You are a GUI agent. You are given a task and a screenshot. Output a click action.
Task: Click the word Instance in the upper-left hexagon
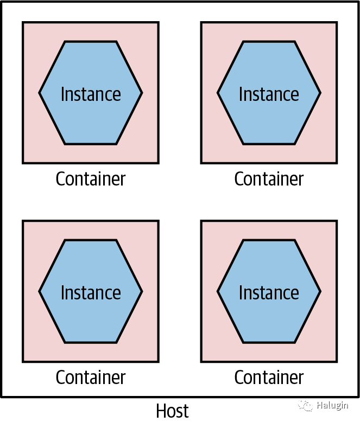91,94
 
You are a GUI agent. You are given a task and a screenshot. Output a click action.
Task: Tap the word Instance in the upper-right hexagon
269,94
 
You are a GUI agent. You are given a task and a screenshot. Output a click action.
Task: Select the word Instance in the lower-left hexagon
91,292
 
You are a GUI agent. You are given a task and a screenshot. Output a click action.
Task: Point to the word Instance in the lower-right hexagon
269,292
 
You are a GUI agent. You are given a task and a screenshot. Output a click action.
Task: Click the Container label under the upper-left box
91,179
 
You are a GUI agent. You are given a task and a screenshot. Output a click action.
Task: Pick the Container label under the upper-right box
269,179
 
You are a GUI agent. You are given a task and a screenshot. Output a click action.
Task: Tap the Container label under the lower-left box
91,378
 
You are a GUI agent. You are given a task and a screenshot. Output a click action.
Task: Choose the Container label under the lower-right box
269,378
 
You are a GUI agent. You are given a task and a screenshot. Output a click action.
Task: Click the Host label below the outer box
172,411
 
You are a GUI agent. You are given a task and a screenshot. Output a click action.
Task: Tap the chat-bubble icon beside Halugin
308,406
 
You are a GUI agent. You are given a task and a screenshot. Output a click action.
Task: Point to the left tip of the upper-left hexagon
40,93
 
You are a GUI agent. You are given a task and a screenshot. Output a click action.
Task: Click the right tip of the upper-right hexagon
320,93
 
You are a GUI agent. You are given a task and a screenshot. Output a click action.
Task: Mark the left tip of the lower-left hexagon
40,291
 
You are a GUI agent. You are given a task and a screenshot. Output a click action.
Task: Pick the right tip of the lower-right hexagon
320,291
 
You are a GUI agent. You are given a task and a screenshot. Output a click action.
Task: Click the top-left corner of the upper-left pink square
23,23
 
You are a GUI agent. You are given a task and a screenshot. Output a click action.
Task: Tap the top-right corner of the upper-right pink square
337,23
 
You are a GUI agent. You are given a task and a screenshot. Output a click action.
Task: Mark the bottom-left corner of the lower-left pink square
23,361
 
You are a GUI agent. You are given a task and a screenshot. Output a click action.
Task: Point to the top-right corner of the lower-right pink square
337,221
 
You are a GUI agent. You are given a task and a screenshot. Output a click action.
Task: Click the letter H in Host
161,411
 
